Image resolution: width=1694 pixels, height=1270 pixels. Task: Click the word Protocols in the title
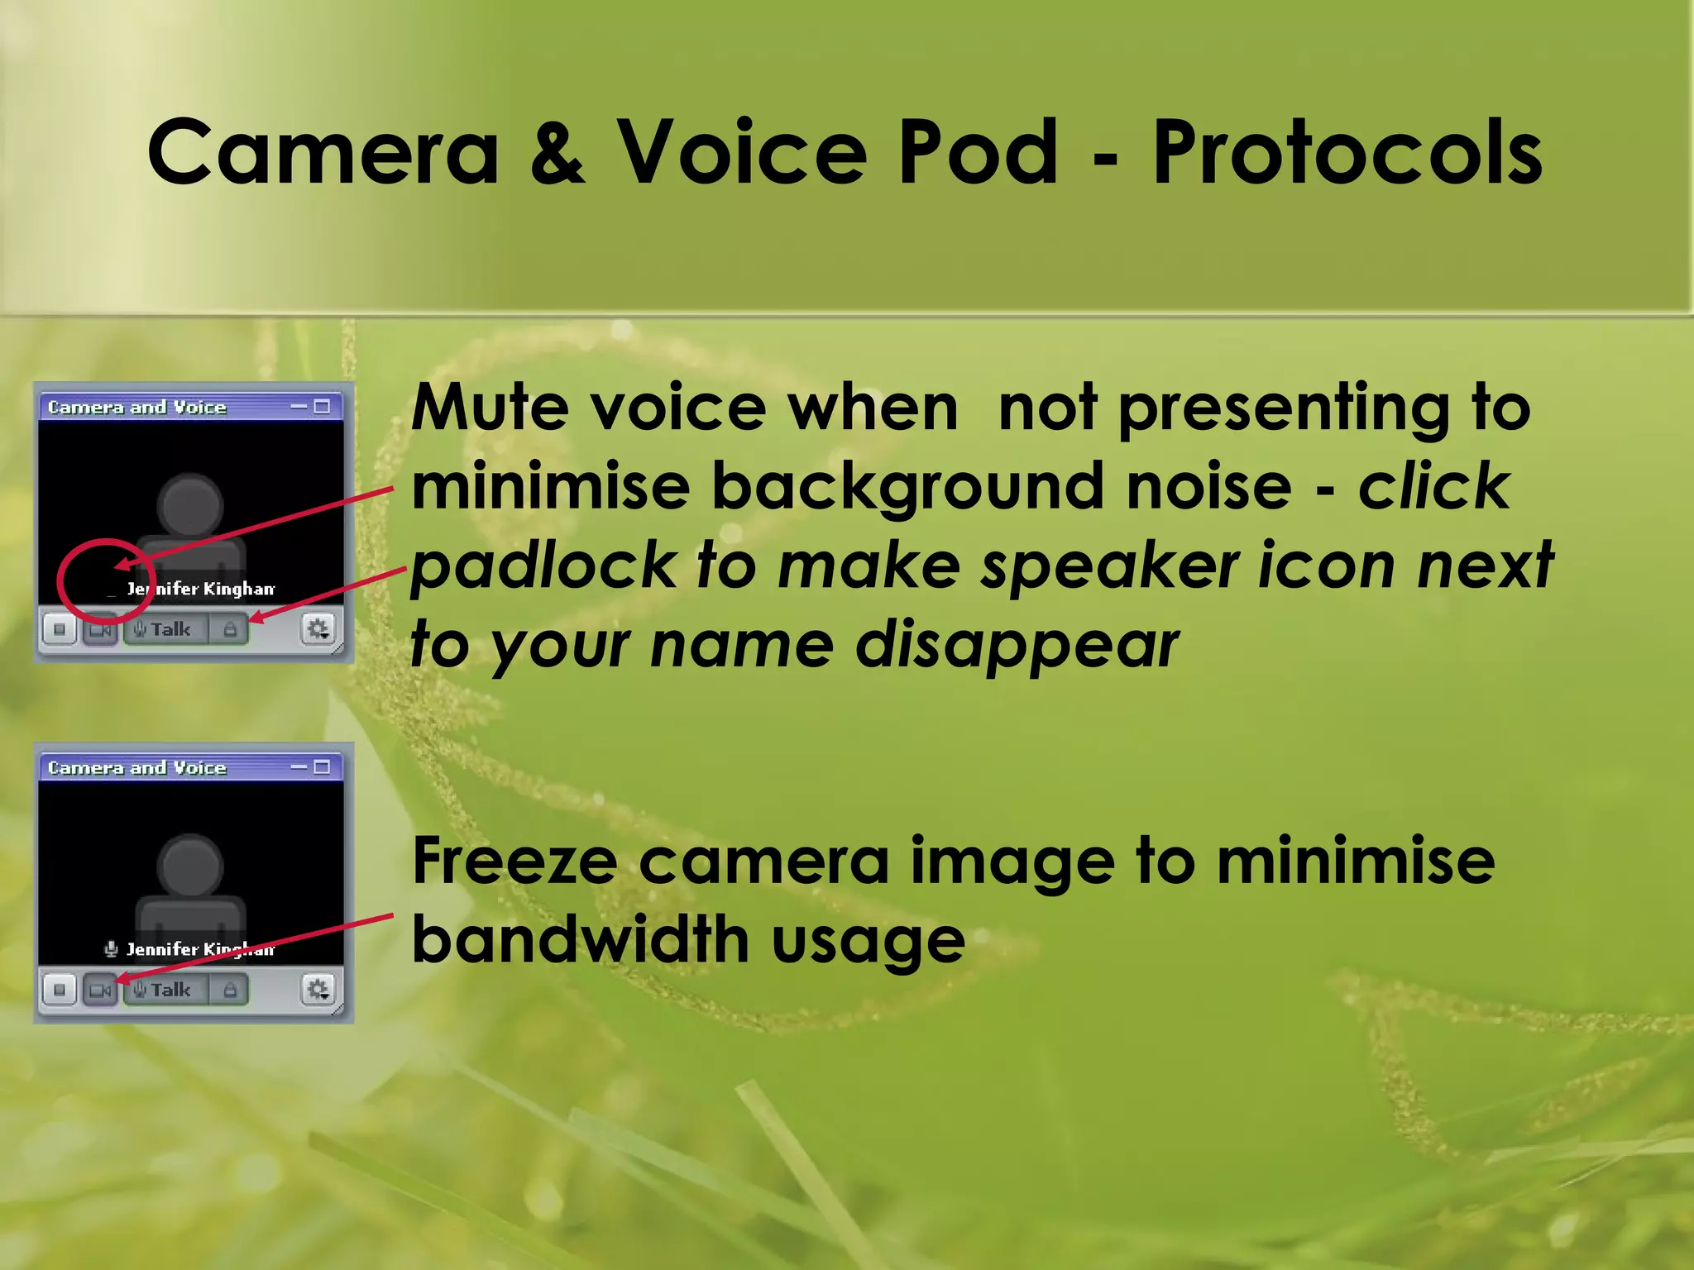point(1347,152)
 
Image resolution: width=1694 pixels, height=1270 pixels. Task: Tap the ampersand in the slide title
point(557,152)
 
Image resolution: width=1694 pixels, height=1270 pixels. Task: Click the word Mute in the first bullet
point(488,408)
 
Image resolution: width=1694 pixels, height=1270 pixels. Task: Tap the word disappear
point(1017,647)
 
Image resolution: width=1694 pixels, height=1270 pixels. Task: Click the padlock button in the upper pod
point(230,630)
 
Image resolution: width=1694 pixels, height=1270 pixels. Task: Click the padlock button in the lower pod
point(230,990)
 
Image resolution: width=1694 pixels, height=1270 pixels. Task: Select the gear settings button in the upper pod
point(318,630)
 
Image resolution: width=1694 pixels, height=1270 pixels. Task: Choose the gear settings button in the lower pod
point(318,990)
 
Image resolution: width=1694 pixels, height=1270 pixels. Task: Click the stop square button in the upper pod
point(60,630)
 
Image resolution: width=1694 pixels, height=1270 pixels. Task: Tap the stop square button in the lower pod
point(60,990)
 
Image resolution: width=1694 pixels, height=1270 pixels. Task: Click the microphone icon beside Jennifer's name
point(111,949)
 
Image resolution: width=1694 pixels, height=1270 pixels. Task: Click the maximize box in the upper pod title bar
point(323,407)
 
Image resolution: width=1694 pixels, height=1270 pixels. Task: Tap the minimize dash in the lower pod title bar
point(299,767)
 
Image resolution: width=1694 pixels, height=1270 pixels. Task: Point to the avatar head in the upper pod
point(190,504)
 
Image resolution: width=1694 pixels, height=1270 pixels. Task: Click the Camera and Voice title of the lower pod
point(137,768)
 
